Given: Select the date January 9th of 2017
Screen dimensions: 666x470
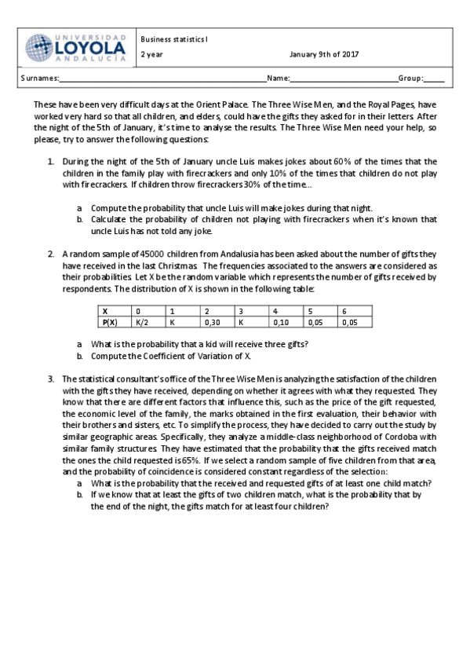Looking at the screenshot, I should [x=323, y=54].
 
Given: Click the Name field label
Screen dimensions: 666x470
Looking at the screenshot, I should [x=278, y=79].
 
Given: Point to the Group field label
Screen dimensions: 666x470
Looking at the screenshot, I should [x=410, y=79].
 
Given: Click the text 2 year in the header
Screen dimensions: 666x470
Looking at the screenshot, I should [x=152, y=54].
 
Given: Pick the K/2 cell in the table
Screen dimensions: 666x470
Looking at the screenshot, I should [x=141, y=322].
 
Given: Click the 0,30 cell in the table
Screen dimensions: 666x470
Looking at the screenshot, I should [x=210, y=322].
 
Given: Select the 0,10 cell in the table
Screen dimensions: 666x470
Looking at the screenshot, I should [x=279, y=322].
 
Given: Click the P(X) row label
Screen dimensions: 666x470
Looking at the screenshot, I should [x=110, y=322].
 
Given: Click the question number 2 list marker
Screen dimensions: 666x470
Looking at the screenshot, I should [x=50, y=254].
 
